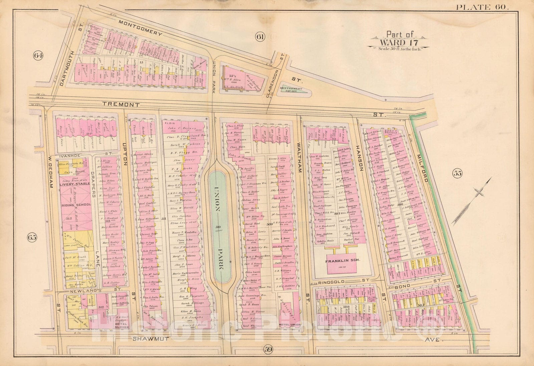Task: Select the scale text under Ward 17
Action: pos(399,49)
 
